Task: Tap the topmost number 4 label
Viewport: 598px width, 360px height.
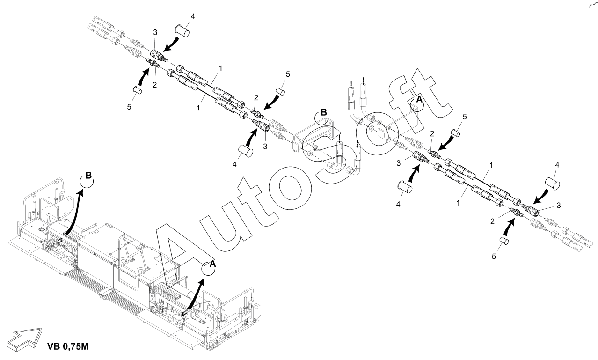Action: [x=192, y=16]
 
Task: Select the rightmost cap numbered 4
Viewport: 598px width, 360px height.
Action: [x=554, y=182]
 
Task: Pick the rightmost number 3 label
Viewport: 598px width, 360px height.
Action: [x=559, y=205]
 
